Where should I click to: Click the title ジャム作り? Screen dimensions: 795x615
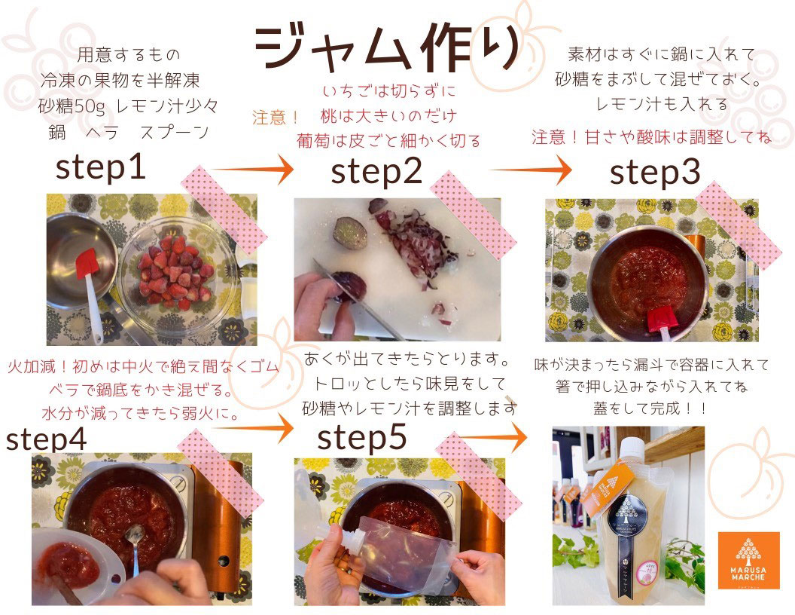point(388,47)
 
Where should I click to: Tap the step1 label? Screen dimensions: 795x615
point(101,168)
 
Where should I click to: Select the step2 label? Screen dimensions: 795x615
point(376,172)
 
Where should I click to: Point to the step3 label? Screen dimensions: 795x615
point(655,173)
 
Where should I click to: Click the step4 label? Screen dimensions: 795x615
point(46,439)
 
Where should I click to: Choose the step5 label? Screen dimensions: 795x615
point(362,437)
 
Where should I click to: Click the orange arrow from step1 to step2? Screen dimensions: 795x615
point(252,169)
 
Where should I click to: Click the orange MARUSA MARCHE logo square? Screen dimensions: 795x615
point(748,560)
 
